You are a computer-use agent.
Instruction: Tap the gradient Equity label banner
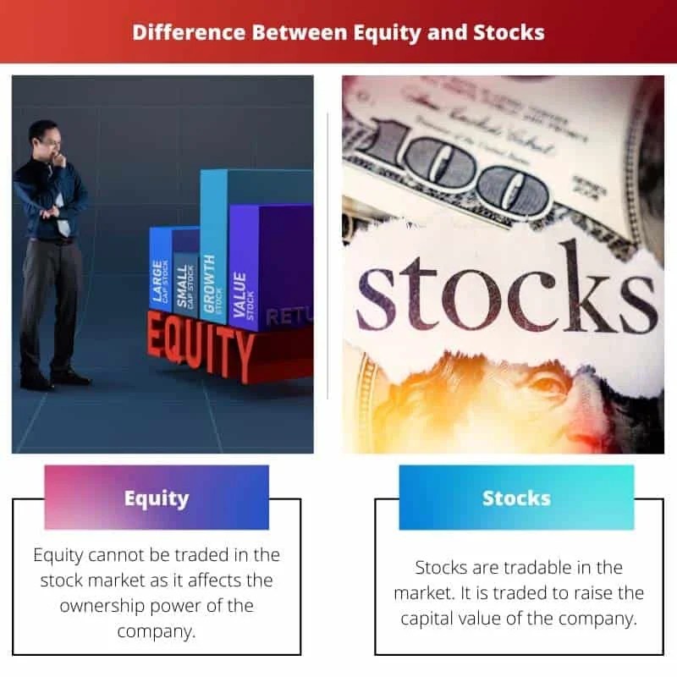pyautogui.click(x=157, y=498)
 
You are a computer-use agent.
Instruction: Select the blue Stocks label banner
pyautogui.click(x=516, y=498)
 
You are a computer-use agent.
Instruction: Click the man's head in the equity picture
pyautogui.click(x=43, y=138)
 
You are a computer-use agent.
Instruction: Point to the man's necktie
pyautogui.click(x=62, y=207)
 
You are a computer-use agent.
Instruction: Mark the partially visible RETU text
pyautogui.click(x=289, y=317)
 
